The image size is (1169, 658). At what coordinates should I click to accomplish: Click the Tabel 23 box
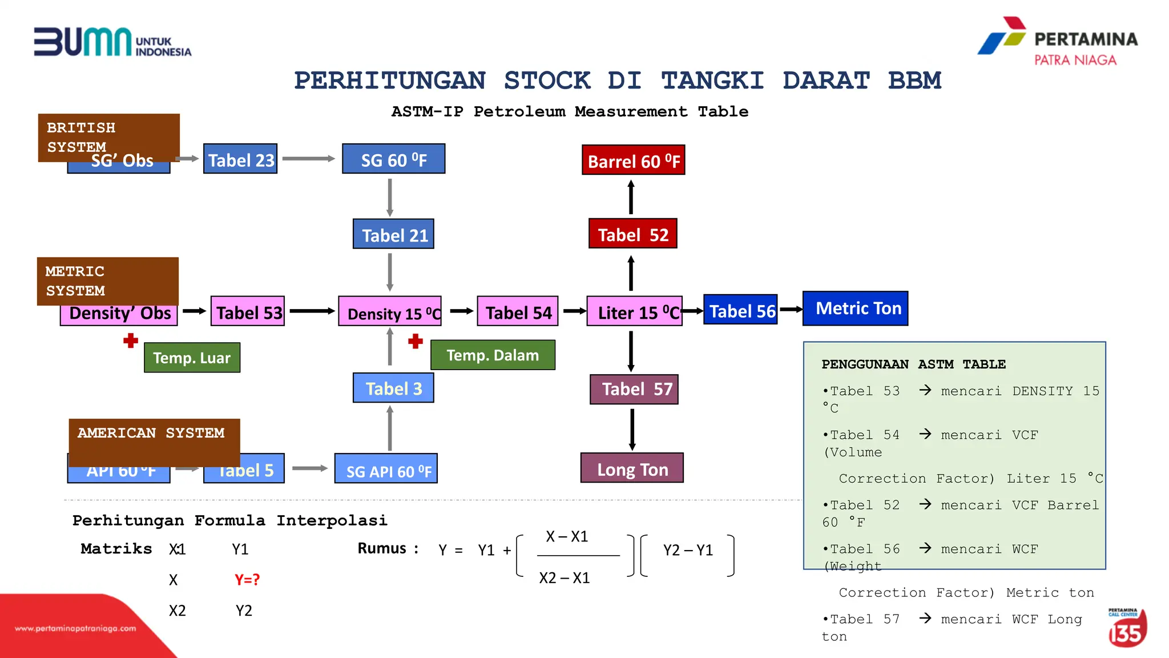pyautogui.click(x=240, y=159)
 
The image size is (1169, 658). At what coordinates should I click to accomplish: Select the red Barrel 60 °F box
pyautogui.click(x=633, y=160)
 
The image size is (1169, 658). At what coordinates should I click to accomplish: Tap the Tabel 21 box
pyautogui.click(x=393, y=234)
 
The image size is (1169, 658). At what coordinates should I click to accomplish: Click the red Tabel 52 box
pyautogui.click(x=632, y=234)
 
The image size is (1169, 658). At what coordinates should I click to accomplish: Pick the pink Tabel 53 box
pyautogui.click(x=248, y=311)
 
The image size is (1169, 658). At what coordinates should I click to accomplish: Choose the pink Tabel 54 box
pyautogui.click(x=517, y=311)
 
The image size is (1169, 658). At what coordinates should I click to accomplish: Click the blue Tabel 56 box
pyautogui.click(x=740, y=310)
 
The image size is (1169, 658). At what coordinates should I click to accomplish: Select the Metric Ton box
pyautogui.click(x=855, y=308)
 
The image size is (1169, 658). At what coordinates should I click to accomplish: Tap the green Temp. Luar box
pyautogui.click(x=192, y=358)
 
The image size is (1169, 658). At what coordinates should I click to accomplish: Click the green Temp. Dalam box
pyautogui.click(x=492, y=355)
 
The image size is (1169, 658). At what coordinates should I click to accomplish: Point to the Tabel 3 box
pyautogui.click(x=393, y=388)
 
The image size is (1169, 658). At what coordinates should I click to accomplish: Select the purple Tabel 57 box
pyautogui.click(x=634, y=390)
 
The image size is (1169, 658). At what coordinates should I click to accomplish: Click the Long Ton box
pyautogui.click(x=632, y=468)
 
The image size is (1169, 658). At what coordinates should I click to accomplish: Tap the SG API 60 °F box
pyautogui.click(x=386, y=470)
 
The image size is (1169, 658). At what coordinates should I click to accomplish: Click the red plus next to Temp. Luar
pyautogui.click(x=131, y=341)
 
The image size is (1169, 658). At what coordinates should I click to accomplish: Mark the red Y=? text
pyautogui.click(x=247, y=580)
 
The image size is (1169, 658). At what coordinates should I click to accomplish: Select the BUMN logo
pyautogui.click(x=112, y=42)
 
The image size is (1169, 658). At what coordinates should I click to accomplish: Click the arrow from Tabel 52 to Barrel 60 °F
pyautogui.click(x=631, y=197)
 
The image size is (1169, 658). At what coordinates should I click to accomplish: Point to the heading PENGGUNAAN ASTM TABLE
pyautogui.click(x=913, y=364)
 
